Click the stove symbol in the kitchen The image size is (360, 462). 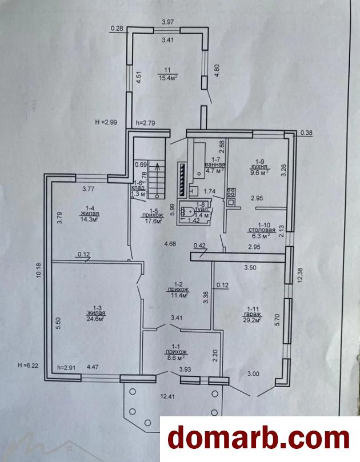[231, 197]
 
